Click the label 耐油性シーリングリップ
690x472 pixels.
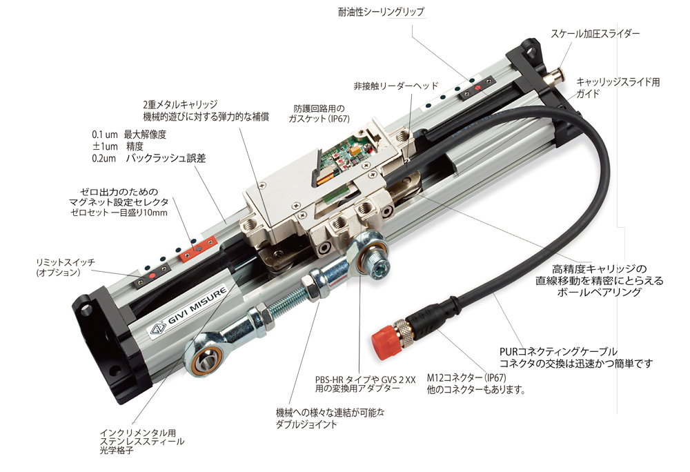click(381, 12)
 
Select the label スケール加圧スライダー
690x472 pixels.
click(595, 33)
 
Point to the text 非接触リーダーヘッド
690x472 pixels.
click(396, 86)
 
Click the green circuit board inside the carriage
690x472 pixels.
click(352, 154)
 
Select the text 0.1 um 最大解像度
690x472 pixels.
click(130, 135)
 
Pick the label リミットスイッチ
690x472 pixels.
click(65, 262)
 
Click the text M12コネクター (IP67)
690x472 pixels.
click(466, 377)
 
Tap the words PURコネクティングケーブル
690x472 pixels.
click(558, 351)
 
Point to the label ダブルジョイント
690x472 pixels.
click(306, 424)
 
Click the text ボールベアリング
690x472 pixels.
click(599, 292)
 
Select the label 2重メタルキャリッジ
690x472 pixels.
click(180, 104)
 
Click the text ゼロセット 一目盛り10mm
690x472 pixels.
click(119, 213)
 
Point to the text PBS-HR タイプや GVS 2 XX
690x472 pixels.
click(365, 379)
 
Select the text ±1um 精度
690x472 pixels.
click(118, 146)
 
